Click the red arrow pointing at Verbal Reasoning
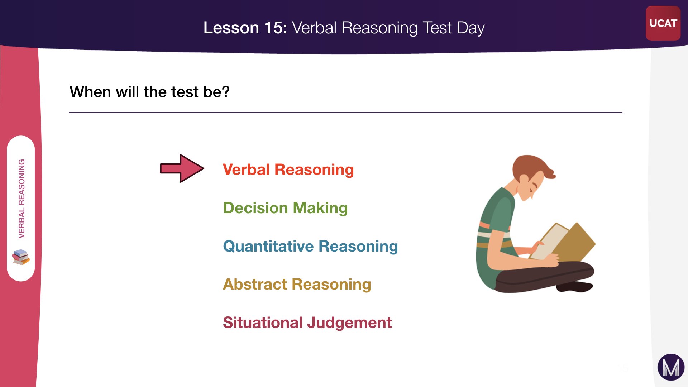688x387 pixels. coord(182,168)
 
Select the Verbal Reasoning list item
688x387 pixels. coord(288,169)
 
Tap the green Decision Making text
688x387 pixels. coord(285,208)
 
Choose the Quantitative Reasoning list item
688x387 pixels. coord(310,246)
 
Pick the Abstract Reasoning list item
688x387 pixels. coord(297,284)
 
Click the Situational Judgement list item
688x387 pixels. coord(307,322)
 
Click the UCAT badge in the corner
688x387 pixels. coord(663,23)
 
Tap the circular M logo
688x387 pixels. coord(671,367)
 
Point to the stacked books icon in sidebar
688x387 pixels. coord(21,257)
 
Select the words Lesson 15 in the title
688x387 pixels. coord(245,28)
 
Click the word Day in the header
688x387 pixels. coord(470,28)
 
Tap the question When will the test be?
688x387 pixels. coord(149,92)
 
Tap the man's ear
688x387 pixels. coord(524,179)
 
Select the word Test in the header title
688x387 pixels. coord(437,28)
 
